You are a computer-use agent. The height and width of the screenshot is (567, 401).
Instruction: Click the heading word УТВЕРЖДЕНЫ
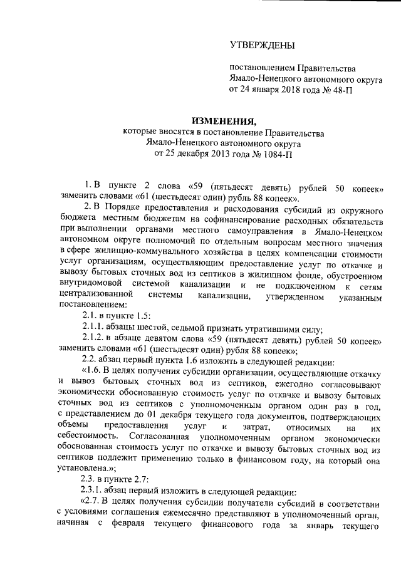click(x=261, y=44)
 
